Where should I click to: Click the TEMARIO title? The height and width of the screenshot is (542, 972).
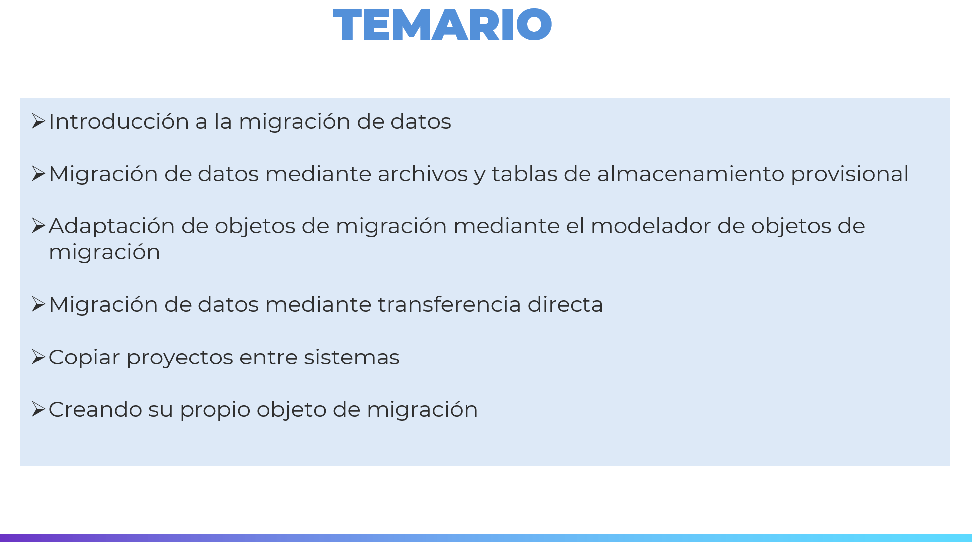(442, 24)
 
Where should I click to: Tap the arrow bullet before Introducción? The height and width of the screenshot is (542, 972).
(38, 121)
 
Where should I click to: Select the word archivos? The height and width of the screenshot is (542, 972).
(423, 174)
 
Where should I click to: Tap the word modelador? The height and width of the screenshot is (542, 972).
(651, 226)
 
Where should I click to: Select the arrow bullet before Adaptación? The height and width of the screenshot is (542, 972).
(38, 226)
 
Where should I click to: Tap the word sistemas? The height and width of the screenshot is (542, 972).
(352, 357)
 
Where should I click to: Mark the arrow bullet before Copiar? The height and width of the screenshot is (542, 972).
(38, 357)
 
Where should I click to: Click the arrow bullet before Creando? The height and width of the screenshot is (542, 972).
(38, 409)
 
